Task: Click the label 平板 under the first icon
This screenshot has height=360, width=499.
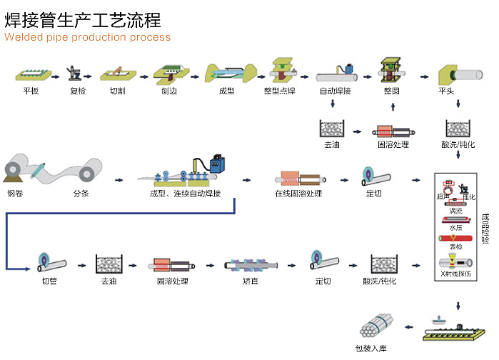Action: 30,91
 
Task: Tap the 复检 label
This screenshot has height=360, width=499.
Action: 77,91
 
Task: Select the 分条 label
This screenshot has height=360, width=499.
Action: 81,194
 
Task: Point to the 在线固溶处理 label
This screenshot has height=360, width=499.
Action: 298,194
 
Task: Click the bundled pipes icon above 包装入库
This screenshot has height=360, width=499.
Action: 375,328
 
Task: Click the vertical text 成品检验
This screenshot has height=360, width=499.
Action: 485,229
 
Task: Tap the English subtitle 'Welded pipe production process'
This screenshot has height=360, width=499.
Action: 88,37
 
